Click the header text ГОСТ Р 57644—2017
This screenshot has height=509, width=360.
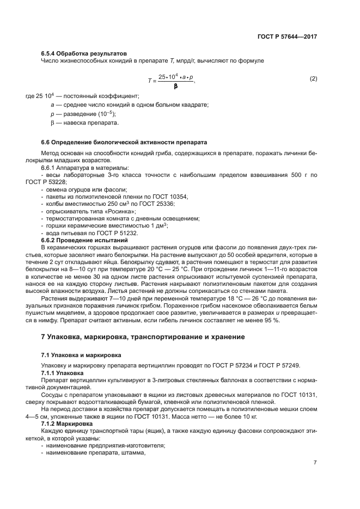[x=287, y=36]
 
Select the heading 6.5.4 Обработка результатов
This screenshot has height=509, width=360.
[x=84, y=53]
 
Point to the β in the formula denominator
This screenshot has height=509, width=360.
[x=175, y=86]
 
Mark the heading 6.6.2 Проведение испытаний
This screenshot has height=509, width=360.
[x=84, y=240]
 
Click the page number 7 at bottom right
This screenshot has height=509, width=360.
[x=315, y=463]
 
